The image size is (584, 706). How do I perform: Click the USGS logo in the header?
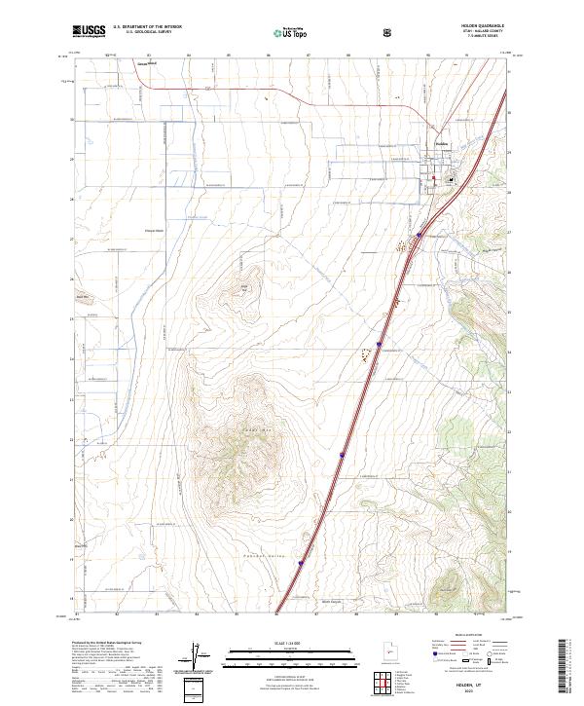point(89,32)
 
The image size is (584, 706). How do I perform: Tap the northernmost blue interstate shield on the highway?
point(420,235)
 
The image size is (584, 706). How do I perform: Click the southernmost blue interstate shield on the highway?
point(301,562)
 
